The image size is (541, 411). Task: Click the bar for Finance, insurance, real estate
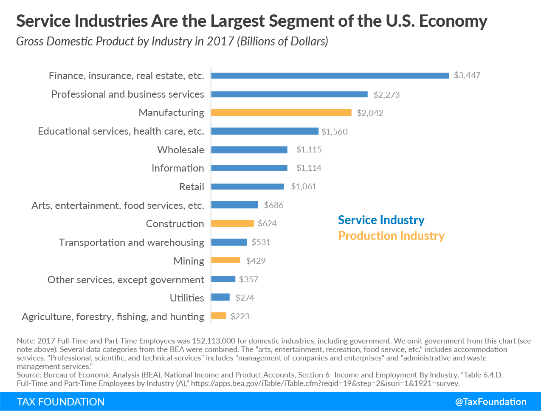click(x=330, y=76)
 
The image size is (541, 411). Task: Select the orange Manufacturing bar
click(x=281, y=113)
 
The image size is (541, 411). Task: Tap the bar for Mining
click(x=225, y=260)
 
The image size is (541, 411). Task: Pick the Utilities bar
click(x=220, y=297)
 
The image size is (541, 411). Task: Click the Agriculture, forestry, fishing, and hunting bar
click(x=219, y=316)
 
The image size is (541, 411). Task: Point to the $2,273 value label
click(x=386, y=95)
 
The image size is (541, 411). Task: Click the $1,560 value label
click(x=335, y=132)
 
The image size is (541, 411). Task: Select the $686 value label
click(x=273, y=205)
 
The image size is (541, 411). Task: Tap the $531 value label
click(x=261, y=242)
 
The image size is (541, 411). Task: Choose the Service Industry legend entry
click(x=381, y=220)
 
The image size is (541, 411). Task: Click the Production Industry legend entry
click(x=391, y=236)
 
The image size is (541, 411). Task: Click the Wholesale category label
click(x=180, y=150)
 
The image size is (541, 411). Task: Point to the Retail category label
click(x=192, y=187)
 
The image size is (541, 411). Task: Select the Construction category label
click(x=175, y=224)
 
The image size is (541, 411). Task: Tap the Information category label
click(x=178, y=168)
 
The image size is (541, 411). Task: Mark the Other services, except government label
click(x=126, y=280)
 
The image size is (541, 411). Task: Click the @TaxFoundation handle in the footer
click(x=490, y=402)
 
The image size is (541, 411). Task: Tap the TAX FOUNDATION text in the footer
click(x=61, y=402)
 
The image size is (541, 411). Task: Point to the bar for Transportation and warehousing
click(x=229, y=242)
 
